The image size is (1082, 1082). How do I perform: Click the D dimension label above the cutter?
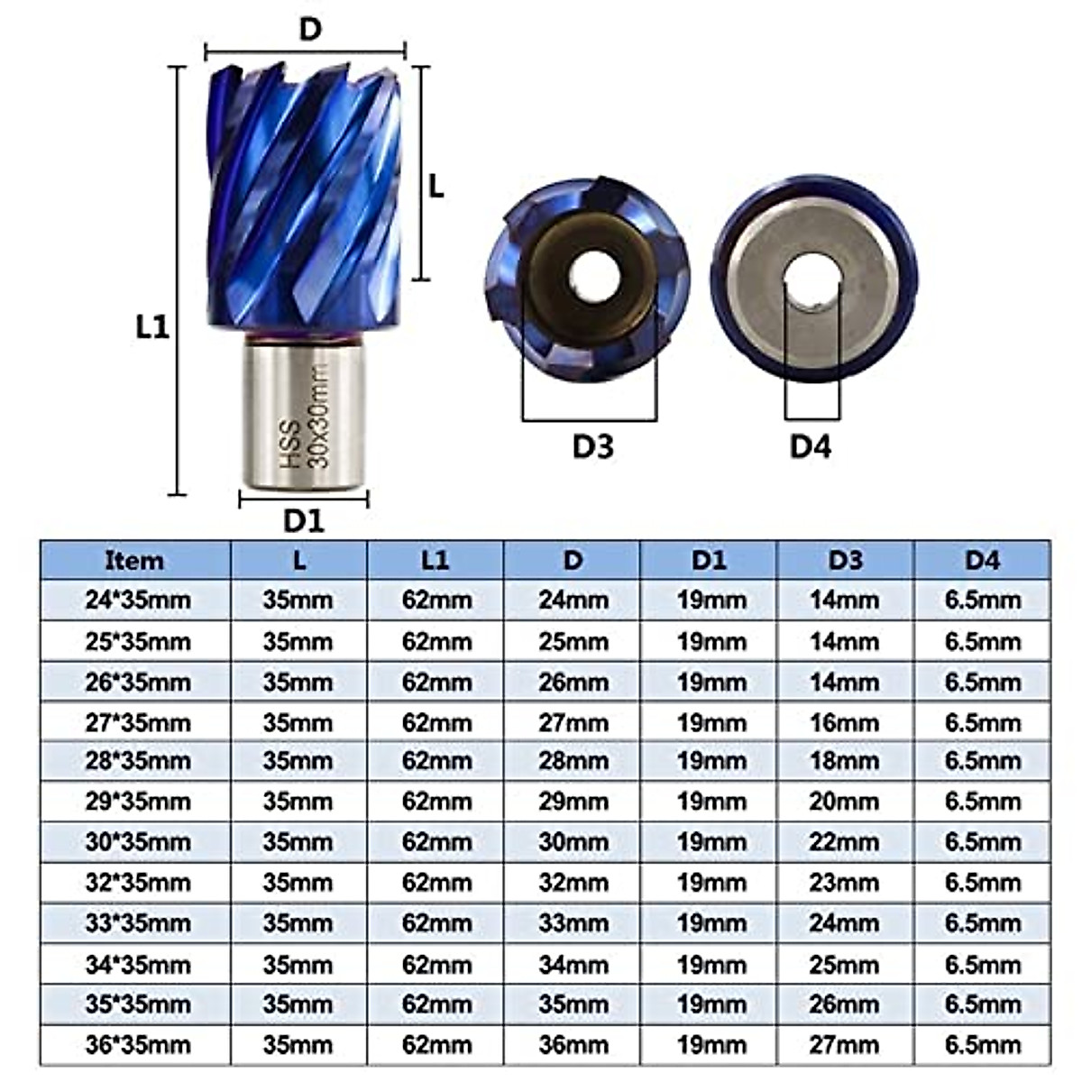309,29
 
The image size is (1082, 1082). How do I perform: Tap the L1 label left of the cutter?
152,326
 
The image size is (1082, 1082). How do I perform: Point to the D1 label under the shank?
303,520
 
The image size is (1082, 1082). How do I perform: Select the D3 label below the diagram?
592,445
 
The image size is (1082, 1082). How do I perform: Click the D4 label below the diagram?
811,445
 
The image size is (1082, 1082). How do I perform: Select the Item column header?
135,561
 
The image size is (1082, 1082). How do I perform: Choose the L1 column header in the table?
435,561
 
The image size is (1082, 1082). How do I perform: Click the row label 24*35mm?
138,601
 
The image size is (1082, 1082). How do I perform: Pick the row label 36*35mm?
138,1046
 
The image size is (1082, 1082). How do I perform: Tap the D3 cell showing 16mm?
844,723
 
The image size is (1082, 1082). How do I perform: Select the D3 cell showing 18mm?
844,762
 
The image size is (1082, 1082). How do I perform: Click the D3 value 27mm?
844,1046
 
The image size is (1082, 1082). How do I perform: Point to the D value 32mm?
573,883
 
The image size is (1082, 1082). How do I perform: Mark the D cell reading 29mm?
573,802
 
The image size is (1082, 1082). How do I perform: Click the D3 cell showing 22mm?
844,842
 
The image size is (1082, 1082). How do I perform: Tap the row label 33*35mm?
138,924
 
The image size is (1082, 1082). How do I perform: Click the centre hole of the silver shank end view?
812,280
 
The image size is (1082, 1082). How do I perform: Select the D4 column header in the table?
983,561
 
